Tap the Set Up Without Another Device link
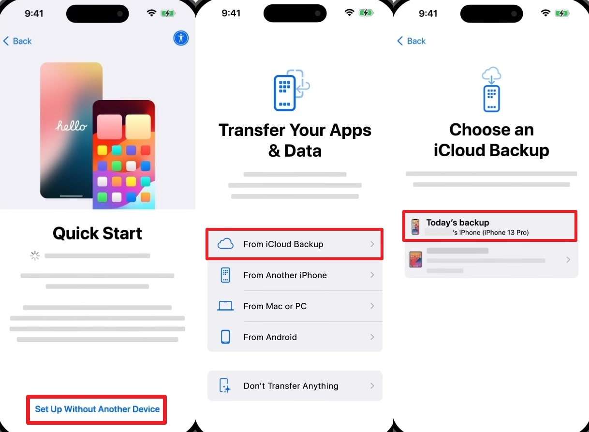point(97,409)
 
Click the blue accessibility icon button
point(181,38)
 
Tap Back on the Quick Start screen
point(17,41)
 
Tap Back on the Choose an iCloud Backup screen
point(412,41)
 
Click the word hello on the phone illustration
point(72,126)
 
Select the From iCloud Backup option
point(294,244)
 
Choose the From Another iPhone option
point(294,275)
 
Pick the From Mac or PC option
point(294,306)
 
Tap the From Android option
point(294,337)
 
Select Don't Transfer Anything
point(294,386)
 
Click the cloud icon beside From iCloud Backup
point(225,244)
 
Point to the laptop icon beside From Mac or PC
point(225,306)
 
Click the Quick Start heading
point(97,233)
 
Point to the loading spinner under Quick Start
point(35,255)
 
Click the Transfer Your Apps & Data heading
point(295,140)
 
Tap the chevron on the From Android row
point(372,337)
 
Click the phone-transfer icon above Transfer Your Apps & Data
point(291,90)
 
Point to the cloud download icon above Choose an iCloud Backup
point(491,90)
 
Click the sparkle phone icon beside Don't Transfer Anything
point(225,386)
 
